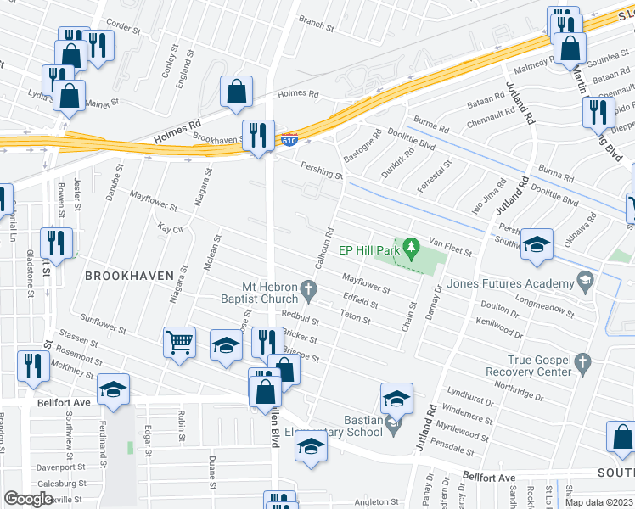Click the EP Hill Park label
(x=369, y=249)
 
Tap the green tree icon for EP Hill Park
(x=412, y=249)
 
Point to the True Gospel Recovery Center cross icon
(x=582, y=364)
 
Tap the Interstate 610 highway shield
(x=289, y=140)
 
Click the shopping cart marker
(x=179, y=344)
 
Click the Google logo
(x=28, y=499)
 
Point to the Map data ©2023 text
(x=599, y=502)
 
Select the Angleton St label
(x=376, y=502)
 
